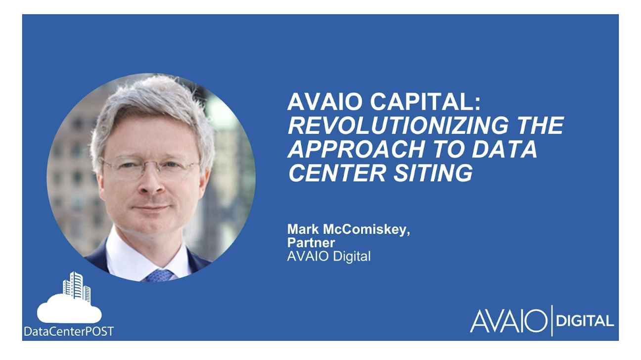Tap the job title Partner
[311, 243]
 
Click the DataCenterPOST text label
[69, 331]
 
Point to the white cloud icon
[69, 311]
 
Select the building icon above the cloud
[77, 286]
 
